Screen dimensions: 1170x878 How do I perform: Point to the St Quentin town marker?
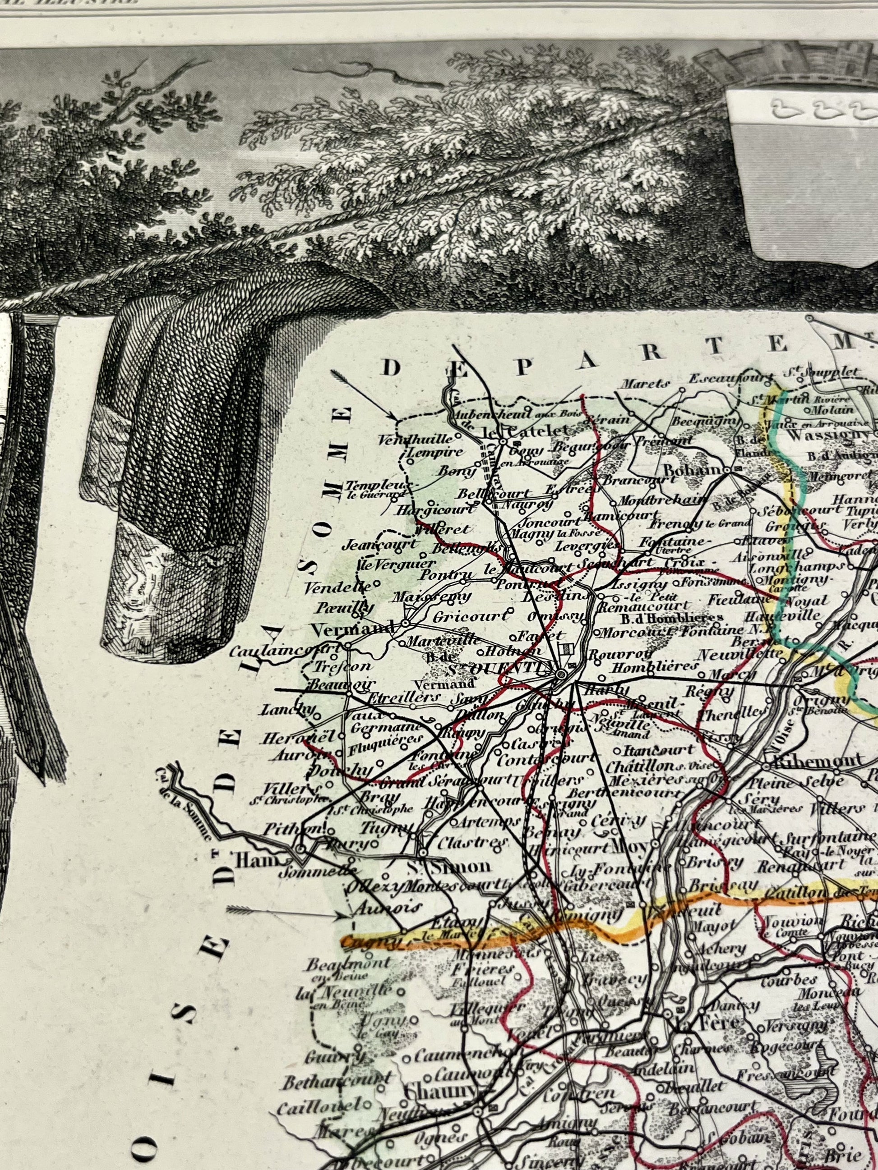pyautogui.click(x=560, y=674)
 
